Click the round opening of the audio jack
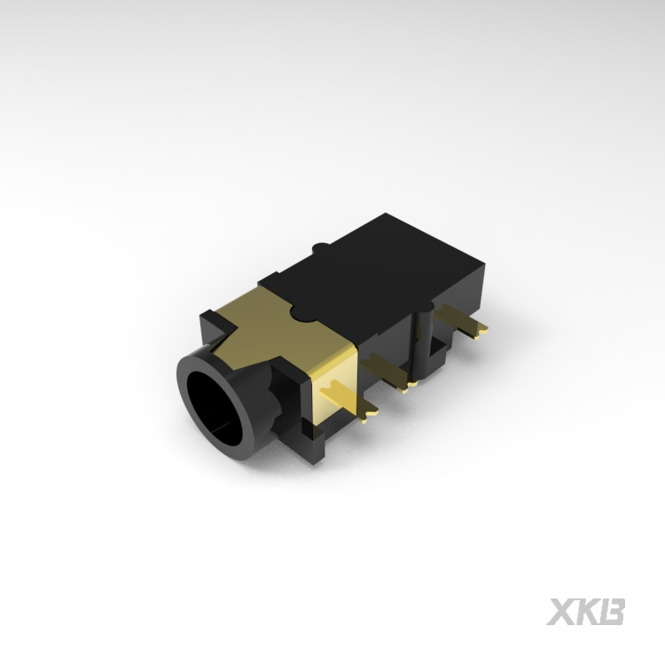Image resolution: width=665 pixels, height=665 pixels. [x=214, y=409]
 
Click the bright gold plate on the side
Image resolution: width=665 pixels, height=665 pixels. [x=335, y=381]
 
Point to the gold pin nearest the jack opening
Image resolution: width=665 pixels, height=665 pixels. [x=348, y=401]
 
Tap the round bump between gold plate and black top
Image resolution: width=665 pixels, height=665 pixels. [x=302, y=313]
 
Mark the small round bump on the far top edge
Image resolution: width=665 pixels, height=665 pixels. [x=321, y=247]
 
